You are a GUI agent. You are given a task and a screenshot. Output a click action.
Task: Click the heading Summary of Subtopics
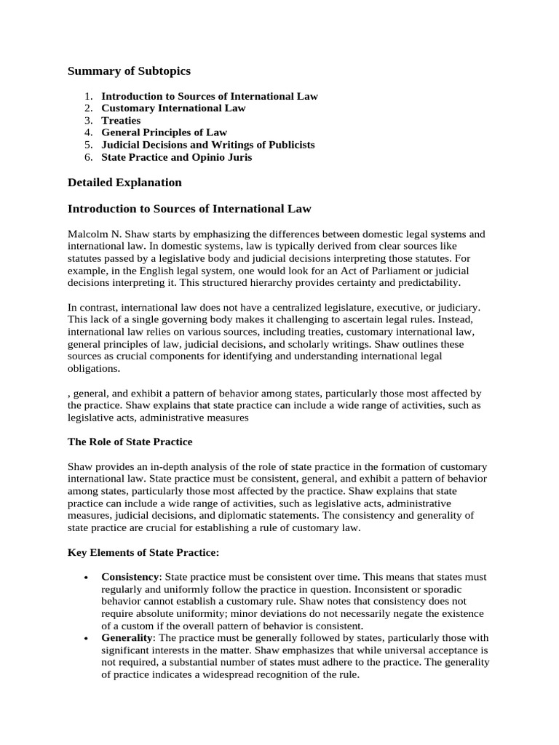[129, 71]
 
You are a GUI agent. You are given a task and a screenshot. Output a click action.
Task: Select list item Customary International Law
[173, 108]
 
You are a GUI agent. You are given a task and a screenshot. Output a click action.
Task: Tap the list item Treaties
[121, 120]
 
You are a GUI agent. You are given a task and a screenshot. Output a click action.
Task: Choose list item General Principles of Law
[164, 132]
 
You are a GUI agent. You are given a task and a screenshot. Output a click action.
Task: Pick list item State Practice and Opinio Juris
[176, 157]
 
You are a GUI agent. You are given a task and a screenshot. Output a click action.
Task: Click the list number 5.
[88, 145]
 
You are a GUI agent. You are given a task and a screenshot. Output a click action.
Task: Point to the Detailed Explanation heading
[124, 182]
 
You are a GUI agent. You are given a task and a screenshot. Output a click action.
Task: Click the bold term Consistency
[130, 577]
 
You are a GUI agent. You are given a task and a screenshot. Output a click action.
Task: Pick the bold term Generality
[126, 638]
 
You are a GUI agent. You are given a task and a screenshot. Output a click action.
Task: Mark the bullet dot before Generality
[87, 638]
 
